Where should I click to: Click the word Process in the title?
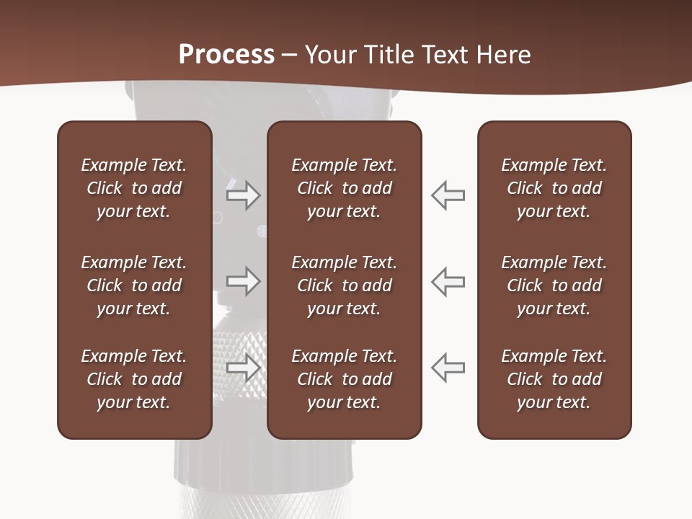(x=226, y=55)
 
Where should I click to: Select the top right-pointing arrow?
(x=244, y=195)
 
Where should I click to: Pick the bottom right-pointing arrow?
(x=244, y=368)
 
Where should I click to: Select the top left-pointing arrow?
(x=448, y=195)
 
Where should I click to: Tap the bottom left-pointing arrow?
(x=448, y=368)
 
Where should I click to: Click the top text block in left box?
(x=134, y=188)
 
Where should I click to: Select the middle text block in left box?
(x=134, y=285)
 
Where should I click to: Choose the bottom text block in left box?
(x=134, y=379)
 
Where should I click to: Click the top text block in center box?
(x=344, y=188)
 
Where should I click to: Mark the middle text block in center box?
(x=344, y=285)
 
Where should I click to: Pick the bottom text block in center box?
(x=344, y=379)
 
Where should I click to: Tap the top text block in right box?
(x=554, y=188)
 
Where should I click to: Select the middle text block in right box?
(x=554, y=285)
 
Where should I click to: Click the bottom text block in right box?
(x=554, y=379)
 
